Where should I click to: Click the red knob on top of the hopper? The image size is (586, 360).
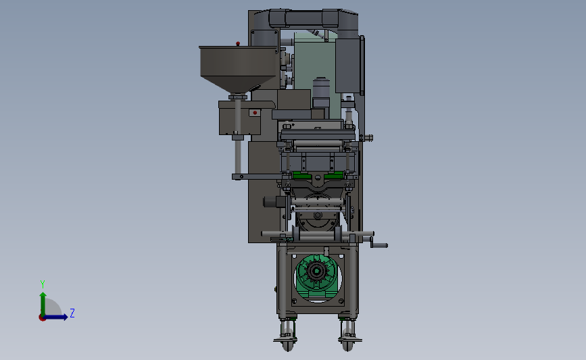(238, 44)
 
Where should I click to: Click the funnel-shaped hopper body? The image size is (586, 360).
(238, 69)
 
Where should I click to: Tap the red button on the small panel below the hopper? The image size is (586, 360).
(255, 112)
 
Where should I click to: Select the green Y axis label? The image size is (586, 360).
(43, 284)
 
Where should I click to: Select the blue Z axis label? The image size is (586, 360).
(72, 313)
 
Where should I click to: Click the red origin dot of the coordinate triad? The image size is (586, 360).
(42, 318)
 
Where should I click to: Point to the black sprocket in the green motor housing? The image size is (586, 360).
(317, 271)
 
